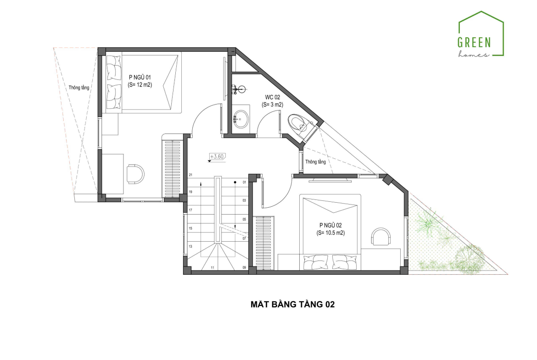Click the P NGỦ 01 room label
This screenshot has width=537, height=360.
[x=140, y=78]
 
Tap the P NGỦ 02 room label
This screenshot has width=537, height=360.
[x=330, y=225]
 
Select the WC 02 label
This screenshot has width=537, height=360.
[x=272, y=97]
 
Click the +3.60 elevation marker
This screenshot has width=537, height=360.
[x=217, y=157]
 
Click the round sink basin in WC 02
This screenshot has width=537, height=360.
[x=241, y=118]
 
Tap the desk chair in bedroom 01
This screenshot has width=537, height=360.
[x=135, y=173]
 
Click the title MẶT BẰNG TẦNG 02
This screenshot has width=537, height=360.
[x=292, y=304]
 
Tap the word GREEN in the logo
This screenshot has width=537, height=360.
[x=474, y=43]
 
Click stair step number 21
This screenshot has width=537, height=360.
[x=190, y=175]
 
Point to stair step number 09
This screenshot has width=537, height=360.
[x=244, y=267]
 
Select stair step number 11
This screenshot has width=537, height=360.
[x=213, y=267]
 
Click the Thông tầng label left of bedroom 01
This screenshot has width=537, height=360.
[x=79, y=88]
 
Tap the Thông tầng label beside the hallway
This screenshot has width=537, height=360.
[x=315, y=161]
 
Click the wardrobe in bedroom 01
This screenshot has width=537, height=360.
[x=173, y=168]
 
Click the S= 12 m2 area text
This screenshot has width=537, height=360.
[x=140, y=85]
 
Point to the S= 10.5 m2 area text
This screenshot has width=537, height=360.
[x=330, y=233]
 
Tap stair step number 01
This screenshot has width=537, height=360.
[x=244, y=183]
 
